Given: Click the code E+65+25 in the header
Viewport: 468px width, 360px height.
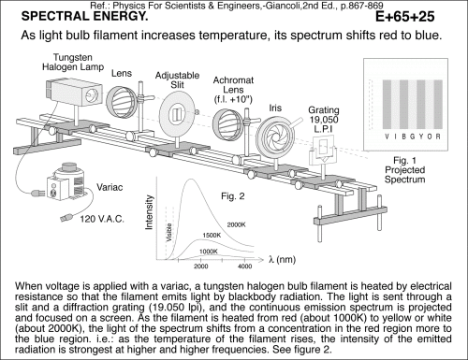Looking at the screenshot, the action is (404, 17).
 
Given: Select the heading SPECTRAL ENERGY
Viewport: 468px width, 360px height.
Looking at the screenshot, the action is (84, 16).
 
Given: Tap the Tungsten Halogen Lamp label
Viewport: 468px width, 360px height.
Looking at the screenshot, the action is (73, 62).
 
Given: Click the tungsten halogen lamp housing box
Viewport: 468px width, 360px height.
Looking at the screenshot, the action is (74, 93).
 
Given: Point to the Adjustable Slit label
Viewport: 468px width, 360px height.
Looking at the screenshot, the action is (177, 79).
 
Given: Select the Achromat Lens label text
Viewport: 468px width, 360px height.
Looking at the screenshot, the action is (233, 90).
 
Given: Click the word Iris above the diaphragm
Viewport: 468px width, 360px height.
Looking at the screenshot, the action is (275, 108).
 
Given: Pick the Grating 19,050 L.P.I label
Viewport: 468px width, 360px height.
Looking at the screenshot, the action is (324, 120).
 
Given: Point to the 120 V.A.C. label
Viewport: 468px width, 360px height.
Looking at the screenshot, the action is (102, 219).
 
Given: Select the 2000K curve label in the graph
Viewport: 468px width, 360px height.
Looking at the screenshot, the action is (236, 224).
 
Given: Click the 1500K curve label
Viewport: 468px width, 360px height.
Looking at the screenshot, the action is (212, 236).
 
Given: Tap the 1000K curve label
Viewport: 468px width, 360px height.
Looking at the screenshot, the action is (209, 252).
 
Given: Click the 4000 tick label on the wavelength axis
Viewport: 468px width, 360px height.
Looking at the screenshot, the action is (244, 266).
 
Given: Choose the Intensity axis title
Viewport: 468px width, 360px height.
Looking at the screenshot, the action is (150, 212).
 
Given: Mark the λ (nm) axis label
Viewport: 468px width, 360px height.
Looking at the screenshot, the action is (282, 259).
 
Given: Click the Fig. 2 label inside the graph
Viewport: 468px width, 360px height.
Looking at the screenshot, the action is (233, 196).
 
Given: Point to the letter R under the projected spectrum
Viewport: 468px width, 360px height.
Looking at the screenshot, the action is (438, 137).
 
